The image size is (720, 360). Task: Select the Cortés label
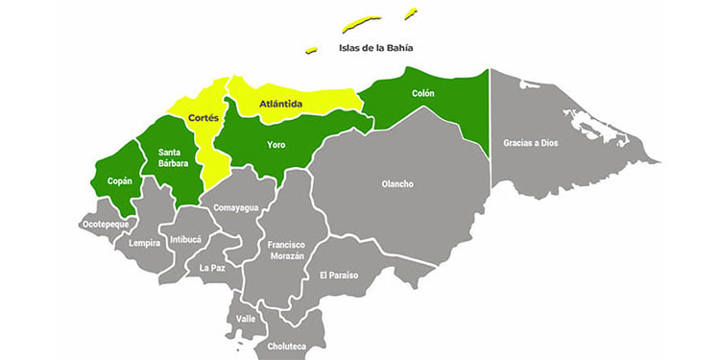click(x=204, y=117)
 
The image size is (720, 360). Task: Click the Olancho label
click(x=397, y=183)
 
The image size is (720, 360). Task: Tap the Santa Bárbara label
click(x=172, y=157)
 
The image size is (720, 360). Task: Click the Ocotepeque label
click(x=106, y=225)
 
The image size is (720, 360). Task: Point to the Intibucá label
click(x=185, y=239)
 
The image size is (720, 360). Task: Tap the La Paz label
click(x=212, y=268)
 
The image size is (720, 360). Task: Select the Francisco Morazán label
click(x=286, y=251)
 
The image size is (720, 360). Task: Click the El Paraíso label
click(x=339, y=276)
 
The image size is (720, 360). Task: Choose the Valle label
click(x=247, y=318)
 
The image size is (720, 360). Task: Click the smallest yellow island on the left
click(x=311, y=50)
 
